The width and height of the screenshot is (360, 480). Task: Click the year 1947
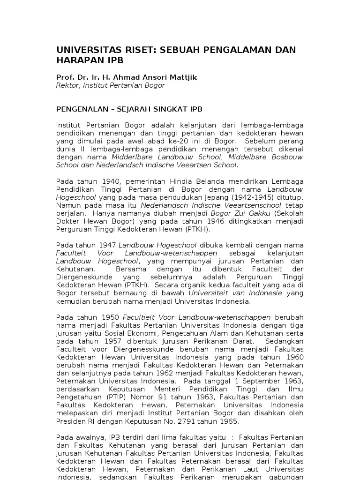click(x=108, y=245)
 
